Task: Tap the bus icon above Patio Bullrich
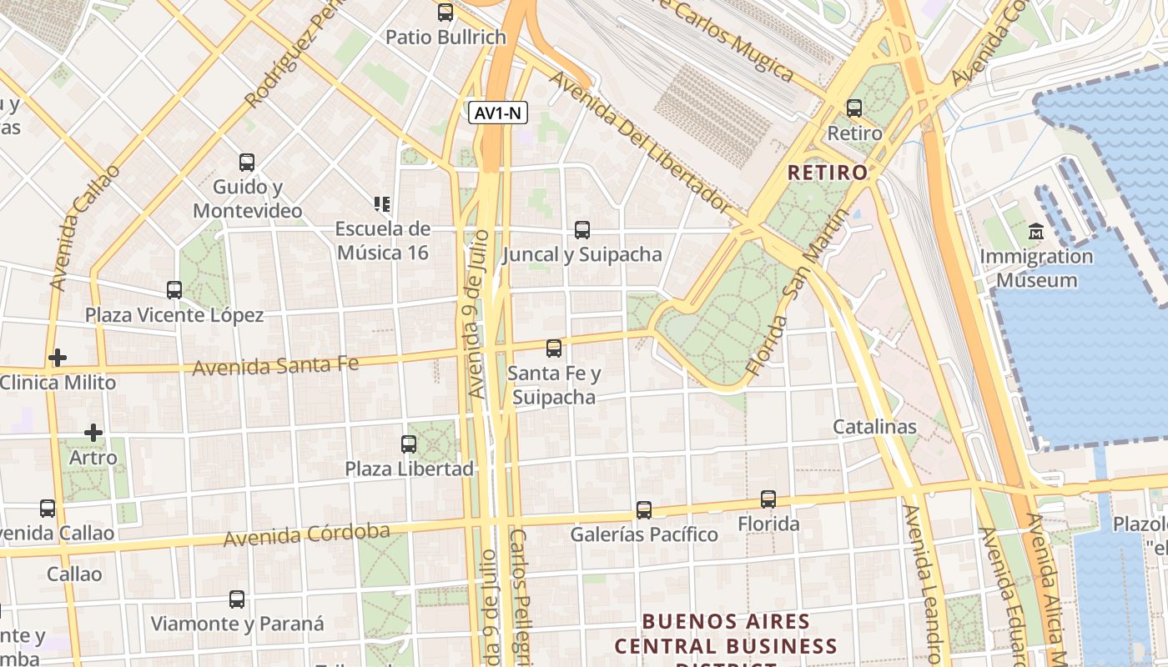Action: pos(446,13)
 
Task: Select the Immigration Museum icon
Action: pos(1036,231)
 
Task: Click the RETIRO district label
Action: pos(828,173)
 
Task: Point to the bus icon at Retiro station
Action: pos(853,108)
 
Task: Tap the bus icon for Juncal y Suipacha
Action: pos(582,229)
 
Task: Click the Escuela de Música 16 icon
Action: pos(382,204)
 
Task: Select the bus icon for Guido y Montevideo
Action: pos(247,162)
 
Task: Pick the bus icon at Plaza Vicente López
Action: pos(174,290)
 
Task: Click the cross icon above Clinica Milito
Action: pos(58,358)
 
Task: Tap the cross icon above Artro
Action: pos(93,433)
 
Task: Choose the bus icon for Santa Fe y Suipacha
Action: pos(554,348)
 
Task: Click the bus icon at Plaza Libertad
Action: pos(409,444)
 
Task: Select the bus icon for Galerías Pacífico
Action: pos(644,509)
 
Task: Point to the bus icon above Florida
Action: pos(768,499)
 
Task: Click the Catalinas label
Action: pos(874,427)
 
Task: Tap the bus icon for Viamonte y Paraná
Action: pos(237,599)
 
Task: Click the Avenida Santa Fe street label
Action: pos(275,364)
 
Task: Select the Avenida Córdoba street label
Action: pos(306,534)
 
